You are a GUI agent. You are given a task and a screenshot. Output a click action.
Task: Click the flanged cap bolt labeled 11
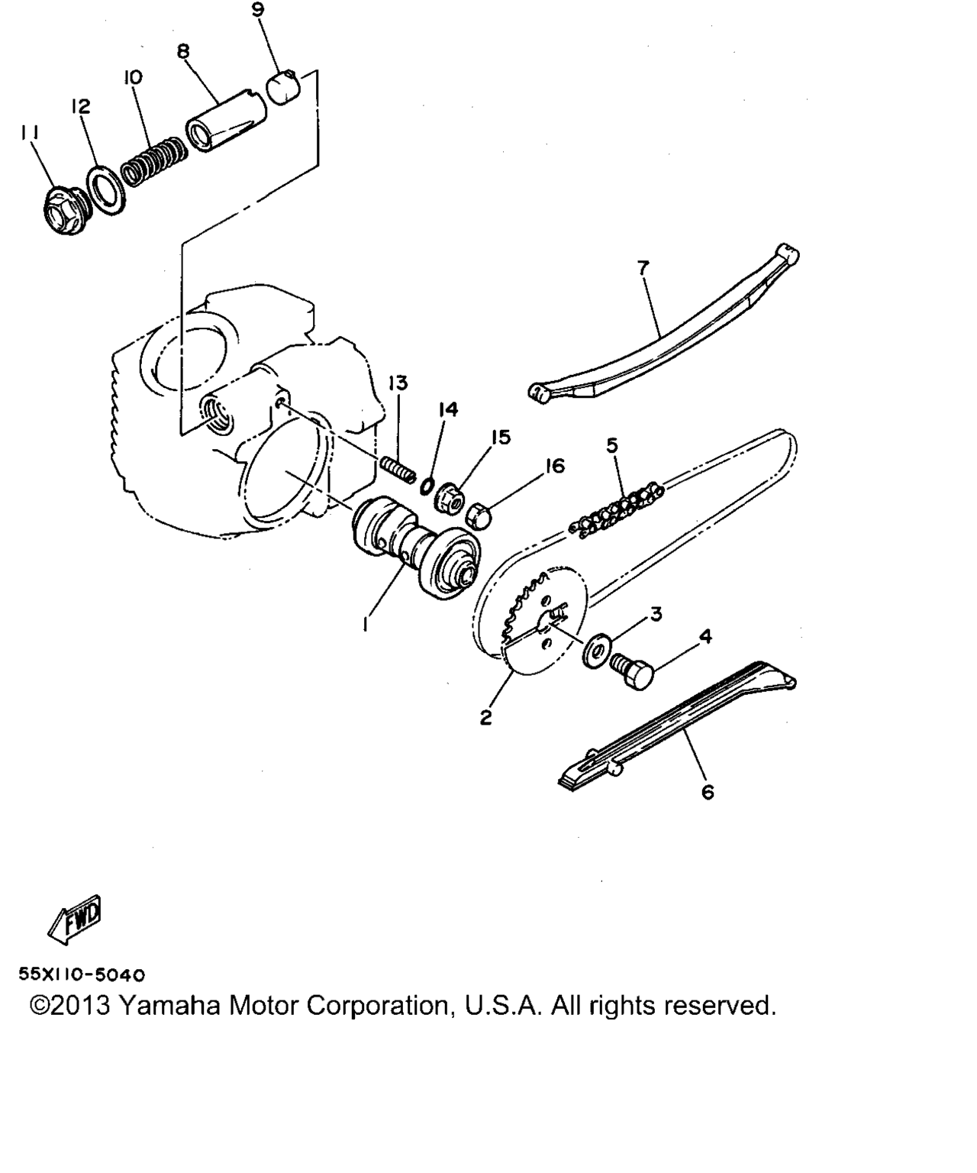coord(63,211)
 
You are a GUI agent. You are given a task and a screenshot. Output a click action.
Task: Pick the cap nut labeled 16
coord(479,513)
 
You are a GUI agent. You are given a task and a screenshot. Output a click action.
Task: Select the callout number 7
coord(643,267)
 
